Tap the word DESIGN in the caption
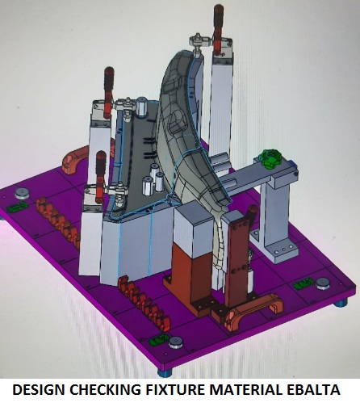(39, 389)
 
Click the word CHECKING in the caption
(105, 389)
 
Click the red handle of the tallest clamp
(219, 27)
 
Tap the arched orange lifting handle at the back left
(75, 160)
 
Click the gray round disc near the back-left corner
(22, 193)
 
